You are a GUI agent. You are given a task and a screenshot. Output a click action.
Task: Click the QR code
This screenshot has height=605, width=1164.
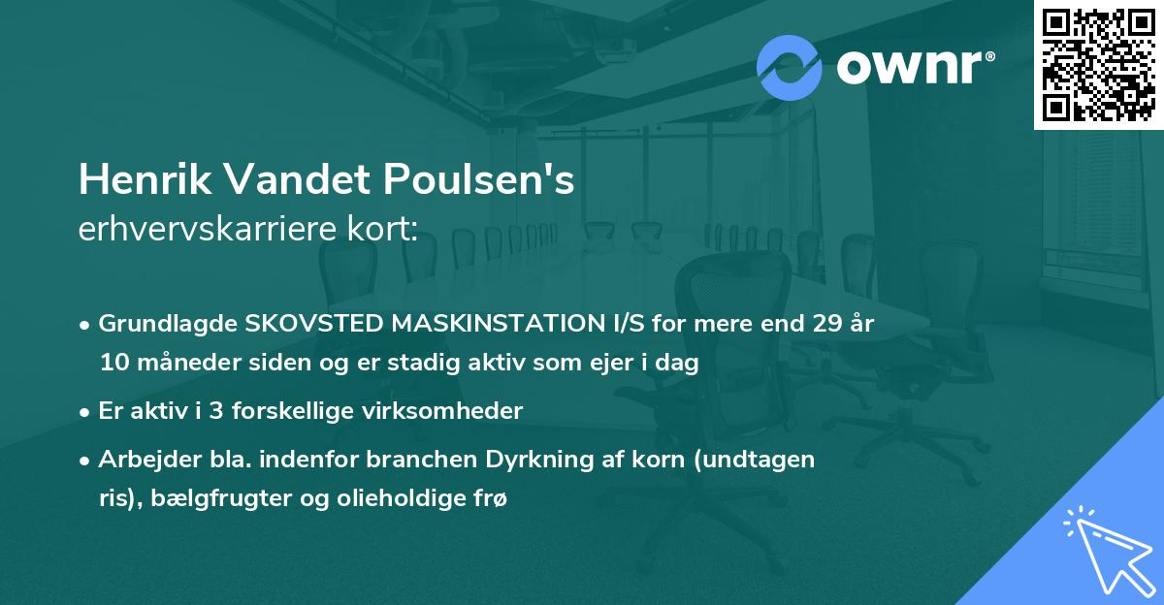[1098, 64]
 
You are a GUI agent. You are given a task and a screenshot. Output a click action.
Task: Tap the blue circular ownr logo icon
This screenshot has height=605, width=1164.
[790, 68]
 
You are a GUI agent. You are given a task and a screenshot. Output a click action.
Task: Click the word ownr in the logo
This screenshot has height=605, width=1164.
[915, 68]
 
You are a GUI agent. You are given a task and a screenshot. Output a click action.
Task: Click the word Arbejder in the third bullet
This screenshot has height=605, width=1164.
[144, 460]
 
